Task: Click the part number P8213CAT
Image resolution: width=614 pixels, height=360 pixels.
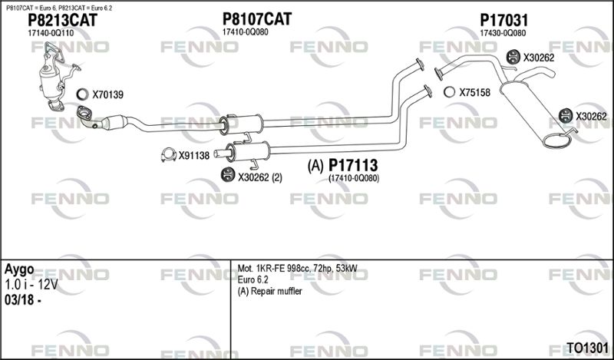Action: click(62, 20)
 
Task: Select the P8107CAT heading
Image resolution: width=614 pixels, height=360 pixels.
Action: click(257, 18)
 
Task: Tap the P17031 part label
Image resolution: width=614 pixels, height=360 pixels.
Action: click(504, 20)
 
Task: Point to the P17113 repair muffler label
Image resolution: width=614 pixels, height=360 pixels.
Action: click(353, 165)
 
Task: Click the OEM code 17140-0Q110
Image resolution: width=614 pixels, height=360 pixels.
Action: click(51, 33)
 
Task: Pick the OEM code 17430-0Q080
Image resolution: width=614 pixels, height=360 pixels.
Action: click(503, 33)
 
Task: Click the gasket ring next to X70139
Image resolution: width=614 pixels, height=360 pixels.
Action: click(83, 94)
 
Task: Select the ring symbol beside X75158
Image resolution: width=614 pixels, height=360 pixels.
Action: click(450, 92)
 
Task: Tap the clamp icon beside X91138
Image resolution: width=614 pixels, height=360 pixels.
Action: click(169, 155)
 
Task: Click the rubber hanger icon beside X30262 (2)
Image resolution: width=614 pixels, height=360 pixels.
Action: click(228, 175)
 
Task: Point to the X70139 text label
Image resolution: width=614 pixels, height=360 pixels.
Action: click(107, 94)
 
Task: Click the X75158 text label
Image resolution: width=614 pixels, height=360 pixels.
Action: click(474, 92)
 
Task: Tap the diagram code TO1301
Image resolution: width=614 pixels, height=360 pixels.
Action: click(588, 348)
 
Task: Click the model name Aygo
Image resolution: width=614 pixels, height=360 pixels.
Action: click(19, 270)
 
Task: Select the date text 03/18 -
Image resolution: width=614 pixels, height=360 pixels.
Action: click(23, 300)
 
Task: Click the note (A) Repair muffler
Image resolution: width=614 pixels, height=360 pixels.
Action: click(270, 292)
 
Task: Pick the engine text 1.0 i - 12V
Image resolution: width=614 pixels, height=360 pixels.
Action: click(31, 285)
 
